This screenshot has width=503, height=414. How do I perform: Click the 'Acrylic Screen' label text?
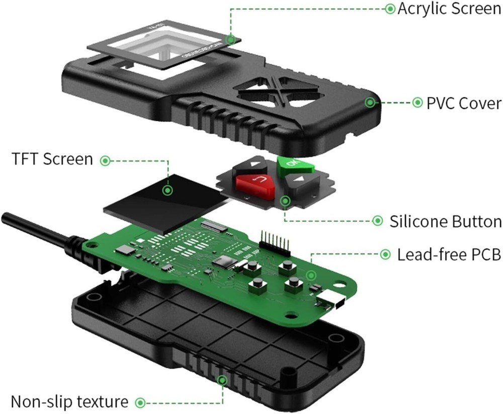coord(449,9)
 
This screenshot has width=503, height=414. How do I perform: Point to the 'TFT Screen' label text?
coord(52,159)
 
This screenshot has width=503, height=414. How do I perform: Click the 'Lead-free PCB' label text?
coord(449,255)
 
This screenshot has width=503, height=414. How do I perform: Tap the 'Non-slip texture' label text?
coord(69,402)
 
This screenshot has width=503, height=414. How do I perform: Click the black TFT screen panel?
coord(151,200)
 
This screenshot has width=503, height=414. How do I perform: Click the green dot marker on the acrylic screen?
coord(231,39)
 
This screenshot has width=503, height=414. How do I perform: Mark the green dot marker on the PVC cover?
coord(371,103)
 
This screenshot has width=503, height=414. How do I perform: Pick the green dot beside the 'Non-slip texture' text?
coord(141,402)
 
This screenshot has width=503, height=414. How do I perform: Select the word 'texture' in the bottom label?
coord(101,402)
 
